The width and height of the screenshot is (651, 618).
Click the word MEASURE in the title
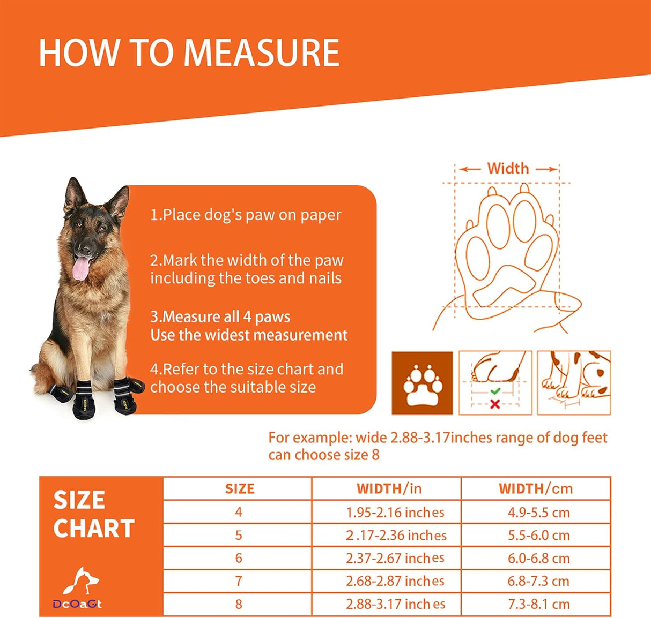coord(261,53)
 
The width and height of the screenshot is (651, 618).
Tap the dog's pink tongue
coord(82,268)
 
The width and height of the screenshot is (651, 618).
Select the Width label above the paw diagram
coord(507,168)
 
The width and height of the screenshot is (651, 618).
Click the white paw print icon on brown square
coord(422,383)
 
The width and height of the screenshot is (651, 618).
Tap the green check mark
coord(495,391)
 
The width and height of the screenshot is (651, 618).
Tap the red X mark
coord(495,404)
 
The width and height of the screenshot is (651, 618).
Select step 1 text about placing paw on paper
coord(246,215)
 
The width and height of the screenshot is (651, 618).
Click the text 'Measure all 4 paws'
coord(220,316)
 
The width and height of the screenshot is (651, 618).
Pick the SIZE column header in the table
coord(239,488)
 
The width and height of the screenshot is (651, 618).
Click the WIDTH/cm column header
coord(535,488)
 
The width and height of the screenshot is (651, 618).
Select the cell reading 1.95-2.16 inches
coord(395,513)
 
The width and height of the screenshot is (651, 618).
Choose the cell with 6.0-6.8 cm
coord(538,559)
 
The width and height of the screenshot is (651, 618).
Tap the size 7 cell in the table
coord(239,581)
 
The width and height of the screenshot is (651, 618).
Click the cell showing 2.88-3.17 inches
coord(395,604)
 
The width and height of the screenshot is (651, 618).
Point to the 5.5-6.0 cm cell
coord(538,536)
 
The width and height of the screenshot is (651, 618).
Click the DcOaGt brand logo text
coord(77,604)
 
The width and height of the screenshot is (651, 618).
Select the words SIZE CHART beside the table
coord(93,514)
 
